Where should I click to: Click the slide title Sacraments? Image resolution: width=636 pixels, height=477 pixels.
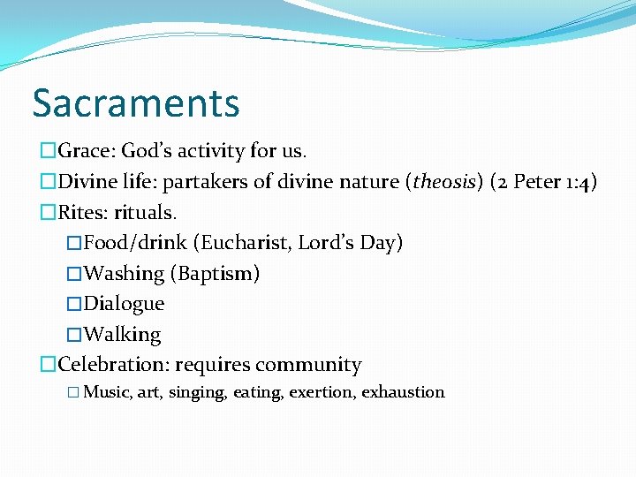(x=136, y=102)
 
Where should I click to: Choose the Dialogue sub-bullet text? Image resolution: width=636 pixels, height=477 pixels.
(x=124, y=304)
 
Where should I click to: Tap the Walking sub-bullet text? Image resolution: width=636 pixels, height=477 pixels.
(x=122, y=335)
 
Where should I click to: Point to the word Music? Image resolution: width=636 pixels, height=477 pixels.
(x=107, y=392)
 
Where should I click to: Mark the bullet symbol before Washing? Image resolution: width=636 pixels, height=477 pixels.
(x=74, y=274)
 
